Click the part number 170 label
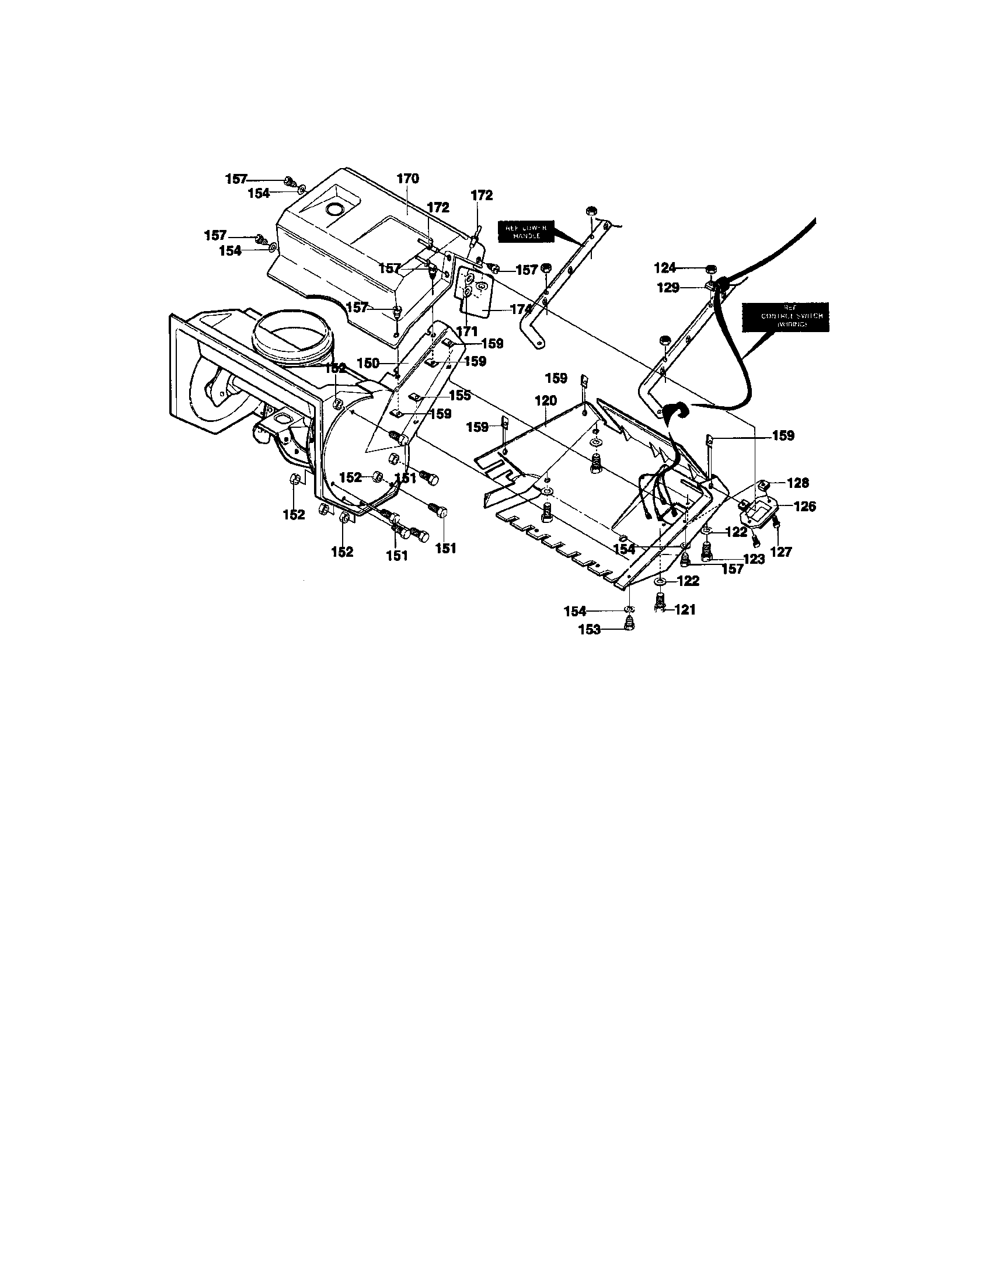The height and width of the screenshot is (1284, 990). (x=407, y=179)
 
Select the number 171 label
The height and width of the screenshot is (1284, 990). (x=467, y=331)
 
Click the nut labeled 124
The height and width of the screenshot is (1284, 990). (x=710, y=268)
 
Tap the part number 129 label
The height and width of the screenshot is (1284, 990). (x=668, y=288)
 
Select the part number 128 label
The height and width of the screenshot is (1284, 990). (x=797, y=483)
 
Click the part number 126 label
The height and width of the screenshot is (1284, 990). (x=804, y=506)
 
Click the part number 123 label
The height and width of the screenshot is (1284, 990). (x=753, y=559)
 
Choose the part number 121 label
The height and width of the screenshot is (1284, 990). (x=684, y=610)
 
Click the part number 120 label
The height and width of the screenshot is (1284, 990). (x=545, y=401)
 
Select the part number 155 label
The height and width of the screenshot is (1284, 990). (x=460, y=395)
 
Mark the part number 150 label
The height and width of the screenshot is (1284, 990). (x=368, y=364)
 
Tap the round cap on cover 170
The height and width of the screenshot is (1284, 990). (x=336, y=209)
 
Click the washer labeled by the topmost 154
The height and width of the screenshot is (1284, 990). (x=302, y=189)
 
